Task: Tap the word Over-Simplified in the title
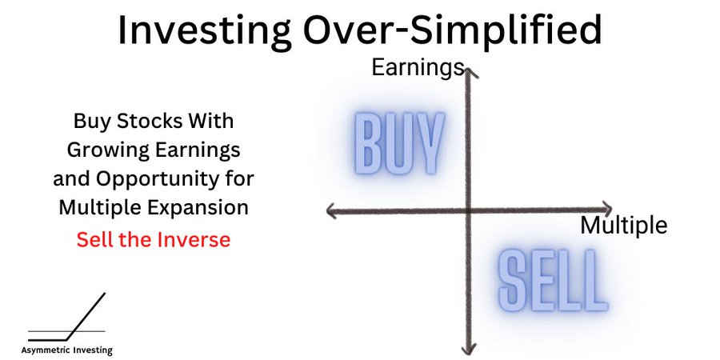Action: coord(452,30)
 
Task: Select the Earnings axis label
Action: coord(418,67)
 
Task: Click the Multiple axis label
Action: coord(623,225)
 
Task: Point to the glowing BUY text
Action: coord(399,143)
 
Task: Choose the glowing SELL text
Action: coord(553,280)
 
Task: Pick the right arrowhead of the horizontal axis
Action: coord(610,209)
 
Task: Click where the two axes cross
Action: coord(468,210)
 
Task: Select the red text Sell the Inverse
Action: coord(154,239)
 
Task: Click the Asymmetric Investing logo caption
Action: coord(66,350)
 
